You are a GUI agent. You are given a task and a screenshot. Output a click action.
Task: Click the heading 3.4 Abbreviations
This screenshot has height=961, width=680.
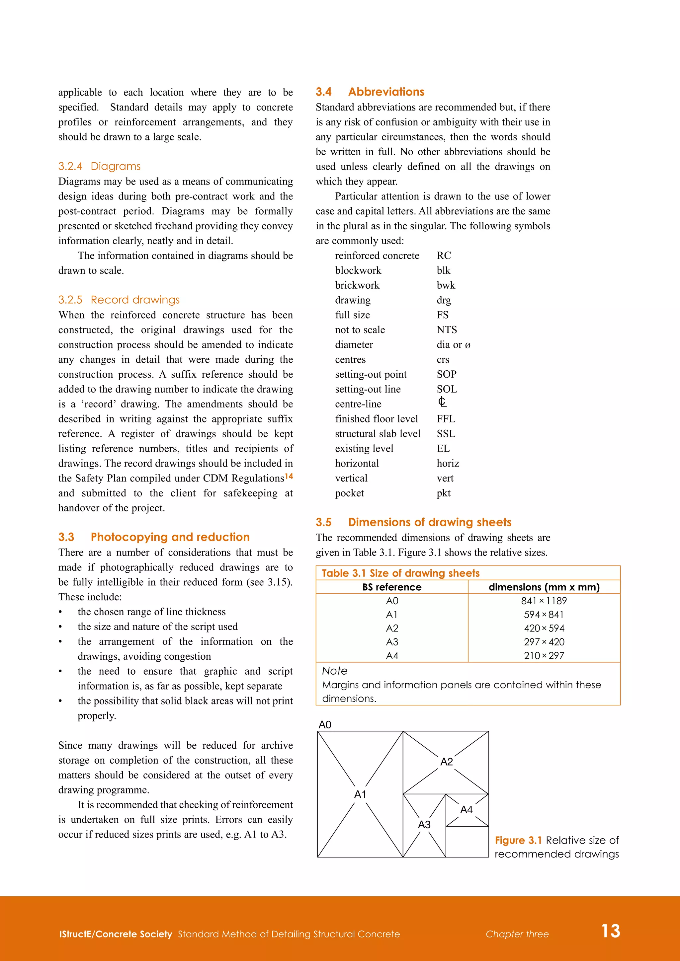tap(370, 92)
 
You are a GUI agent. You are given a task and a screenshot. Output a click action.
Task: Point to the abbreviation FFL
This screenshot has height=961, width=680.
tap(446, 419)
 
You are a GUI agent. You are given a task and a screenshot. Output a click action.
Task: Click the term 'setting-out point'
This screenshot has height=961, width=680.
tap(371, 374)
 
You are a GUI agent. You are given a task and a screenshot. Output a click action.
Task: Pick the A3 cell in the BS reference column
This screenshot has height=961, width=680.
tap(392, 642)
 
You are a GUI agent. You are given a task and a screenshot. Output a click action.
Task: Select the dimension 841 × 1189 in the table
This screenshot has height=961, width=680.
tap(544, 601)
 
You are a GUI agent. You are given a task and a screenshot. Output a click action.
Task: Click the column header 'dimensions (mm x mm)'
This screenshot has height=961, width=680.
tap(544, 587)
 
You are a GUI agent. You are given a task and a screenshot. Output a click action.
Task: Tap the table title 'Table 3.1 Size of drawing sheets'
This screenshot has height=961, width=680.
tap(400, 573)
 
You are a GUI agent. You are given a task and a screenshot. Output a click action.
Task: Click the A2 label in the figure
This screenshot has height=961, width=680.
tap(446, 762)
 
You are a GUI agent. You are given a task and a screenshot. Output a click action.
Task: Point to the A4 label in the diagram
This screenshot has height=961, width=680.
tap(466, 810)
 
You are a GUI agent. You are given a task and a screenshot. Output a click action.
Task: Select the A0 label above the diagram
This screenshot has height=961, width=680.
tap(325, 724)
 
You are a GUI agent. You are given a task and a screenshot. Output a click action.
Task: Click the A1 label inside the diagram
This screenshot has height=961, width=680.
tap(360, 794)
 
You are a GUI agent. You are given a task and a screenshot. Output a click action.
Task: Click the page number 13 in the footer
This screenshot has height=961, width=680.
tap(611, 931)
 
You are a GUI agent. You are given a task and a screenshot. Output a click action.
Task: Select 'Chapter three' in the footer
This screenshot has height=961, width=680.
tap(517, 934)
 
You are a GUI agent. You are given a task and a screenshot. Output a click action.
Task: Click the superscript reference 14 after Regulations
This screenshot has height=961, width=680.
tap(289, 476)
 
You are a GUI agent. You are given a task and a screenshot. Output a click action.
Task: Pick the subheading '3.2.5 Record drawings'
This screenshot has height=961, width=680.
tap(119, 300)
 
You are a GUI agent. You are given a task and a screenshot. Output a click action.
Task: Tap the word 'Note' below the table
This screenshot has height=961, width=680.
tap(335, 671)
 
